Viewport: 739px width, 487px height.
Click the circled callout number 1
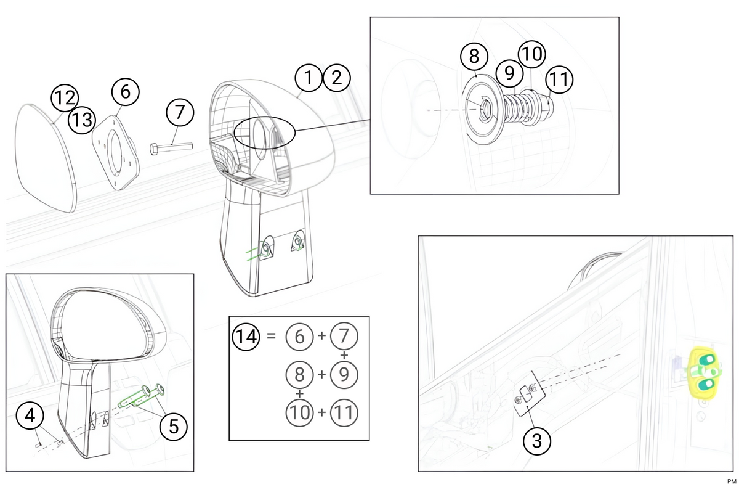309,78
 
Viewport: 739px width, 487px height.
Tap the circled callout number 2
336,78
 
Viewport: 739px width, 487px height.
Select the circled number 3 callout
537,441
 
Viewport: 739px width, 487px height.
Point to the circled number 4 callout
30,415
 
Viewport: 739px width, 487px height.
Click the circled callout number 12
65,98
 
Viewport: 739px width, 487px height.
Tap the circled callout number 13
82,120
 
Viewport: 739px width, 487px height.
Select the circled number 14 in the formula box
246,337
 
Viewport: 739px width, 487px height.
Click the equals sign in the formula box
271,336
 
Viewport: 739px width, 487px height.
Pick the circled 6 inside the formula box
299,337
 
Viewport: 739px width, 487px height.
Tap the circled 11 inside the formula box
344,412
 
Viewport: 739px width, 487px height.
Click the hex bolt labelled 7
171,148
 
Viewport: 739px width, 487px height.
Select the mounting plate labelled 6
116,153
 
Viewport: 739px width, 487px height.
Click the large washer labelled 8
483,109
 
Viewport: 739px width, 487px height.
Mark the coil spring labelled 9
515,107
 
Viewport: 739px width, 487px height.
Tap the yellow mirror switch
705,372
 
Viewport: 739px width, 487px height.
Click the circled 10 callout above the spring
532,54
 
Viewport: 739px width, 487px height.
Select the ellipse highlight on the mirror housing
265,133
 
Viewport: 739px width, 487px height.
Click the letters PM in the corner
731,481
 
